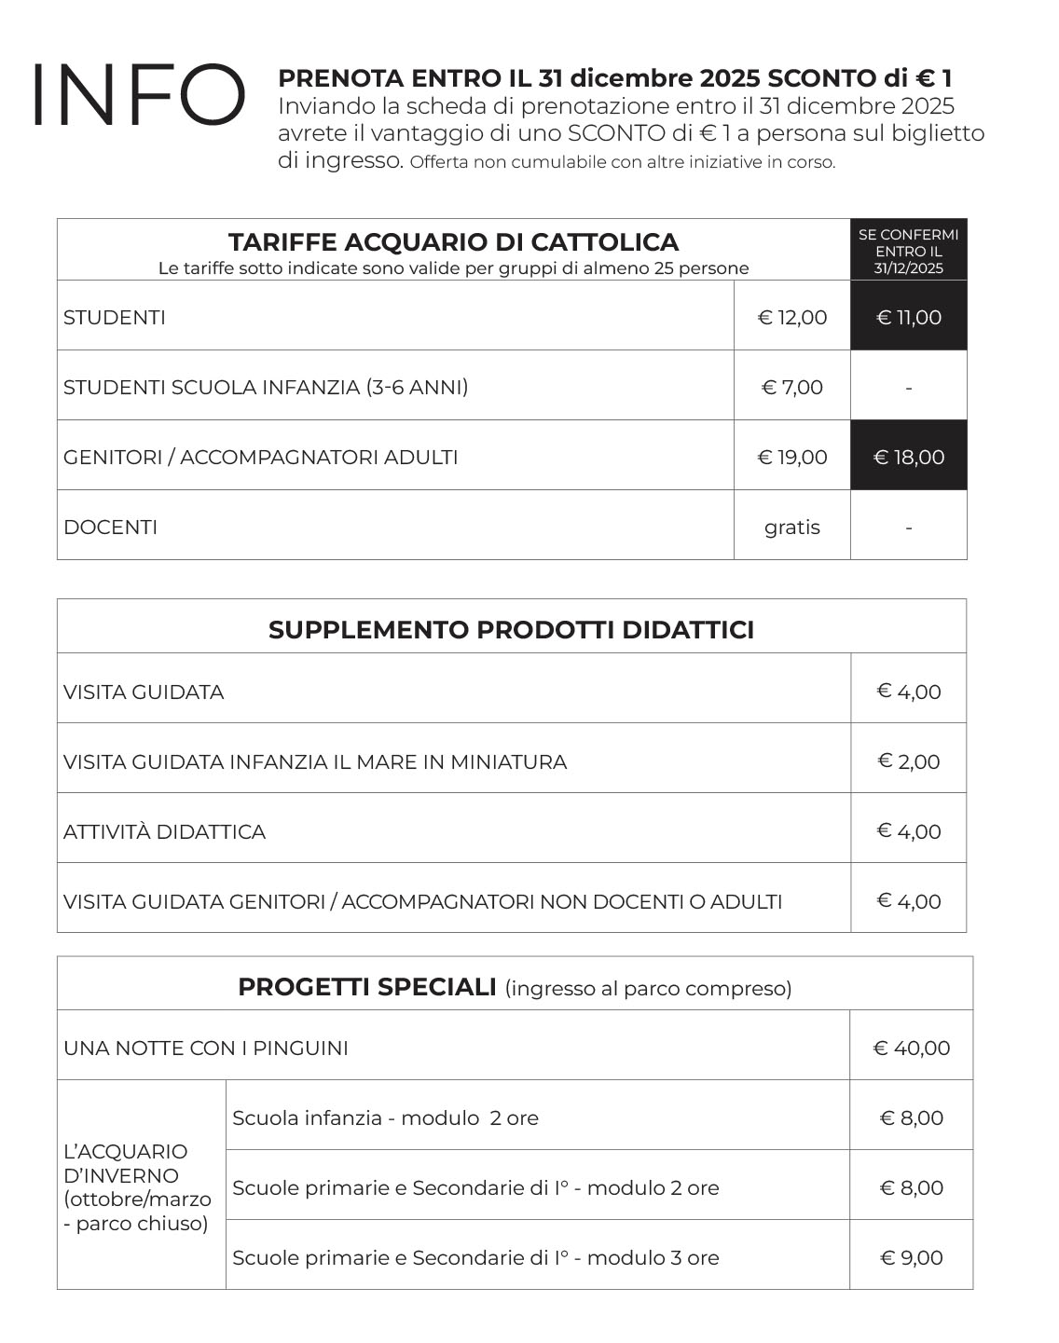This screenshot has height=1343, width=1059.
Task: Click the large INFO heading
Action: [138, 95]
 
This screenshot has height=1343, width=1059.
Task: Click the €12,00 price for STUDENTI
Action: [792, 318]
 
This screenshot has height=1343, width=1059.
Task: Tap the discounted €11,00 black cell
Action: [909, 318]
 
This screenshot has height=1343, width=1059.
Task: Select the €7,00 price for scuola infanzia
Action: [792, 388]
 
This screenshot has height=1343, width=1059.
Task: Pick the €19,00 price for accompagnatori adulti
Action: [792, 458]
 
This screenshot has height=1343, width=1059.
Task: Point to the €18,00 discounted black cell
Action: [909, 458]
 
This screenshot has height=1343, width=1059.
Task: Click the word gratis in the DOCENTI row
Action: [792, 528]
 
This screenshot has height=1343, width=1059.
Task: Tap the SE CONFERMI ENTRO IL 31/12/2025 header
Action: [909, 251]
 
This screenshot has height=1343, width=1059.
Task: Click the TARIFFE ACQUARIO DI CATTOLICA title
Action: [453, 242]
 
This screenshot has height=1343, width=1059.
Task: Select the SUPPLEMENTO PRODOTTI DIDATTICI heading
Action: [511, 630]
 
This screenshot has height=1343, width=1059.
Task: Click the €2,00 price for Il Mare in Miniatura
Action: [909, 761]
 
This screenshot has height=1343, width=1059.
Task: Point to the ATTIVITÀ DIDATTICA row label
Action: [164, 831]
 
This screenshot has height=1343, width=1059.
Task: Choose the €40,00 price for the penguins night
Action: [912, 1048]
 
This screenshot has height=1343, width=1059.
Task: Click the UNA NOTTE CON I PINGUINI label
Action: [206, 1048]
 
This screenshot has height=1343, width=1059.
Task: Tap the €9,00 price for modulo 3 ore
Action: [912, 1258]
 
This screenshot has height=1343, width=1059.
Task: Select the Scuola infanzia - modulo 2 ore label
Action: [385, 1118]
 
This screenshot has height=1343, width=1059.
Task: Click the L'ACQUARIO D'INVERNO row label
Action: [137, 1187]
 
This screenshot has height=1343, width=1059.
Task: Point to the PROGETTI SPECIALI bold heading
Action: [367, 987]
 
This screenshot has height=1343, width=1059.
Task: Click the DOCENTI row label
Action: [110, 528]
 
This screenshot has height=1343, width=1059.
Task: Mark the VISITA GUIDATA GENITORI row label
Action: [422, 901]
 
